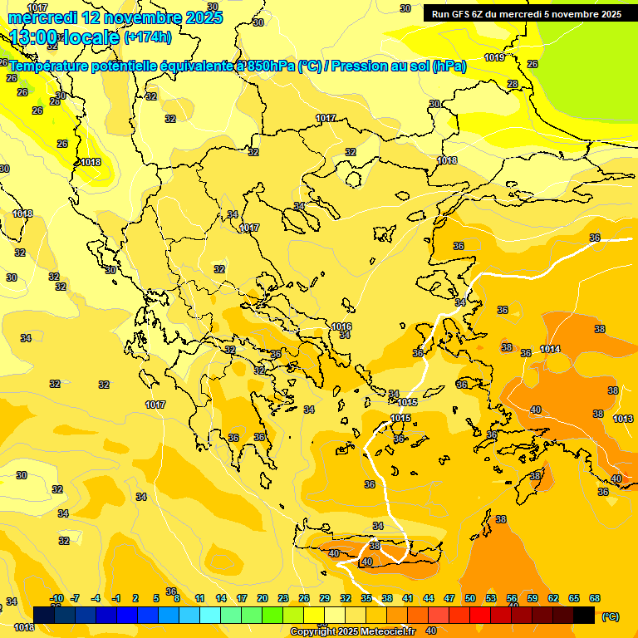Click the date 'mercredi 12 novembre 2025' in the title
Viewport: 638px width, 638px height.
click(x=115, y=17)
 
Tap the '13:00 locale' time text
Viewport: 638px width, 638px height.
click(x=64, y=37)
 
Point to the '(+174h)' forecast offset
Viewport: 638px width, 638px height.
click(x=148, y=37)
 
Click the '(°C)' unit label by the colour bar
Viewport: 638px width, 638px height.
click(x=610, y=616)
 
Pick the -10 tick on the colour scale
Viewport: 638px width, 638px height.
click(x=56, y=599)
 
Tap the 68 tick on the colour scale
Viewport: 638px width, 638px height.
click(x=595, y=599)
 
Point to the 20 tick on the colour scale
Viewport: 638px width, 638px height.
click(x=263, y=599)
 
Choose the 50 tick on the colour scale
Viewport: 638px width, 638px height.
click(x=470, y=599)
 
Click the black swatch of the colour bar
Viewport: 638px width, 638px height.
click(x=585, y=615)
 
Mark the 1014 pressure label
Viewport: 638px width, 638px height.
click(x=550, y=350)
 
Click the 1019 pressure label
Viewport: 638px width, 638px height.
click(x=494, y=58)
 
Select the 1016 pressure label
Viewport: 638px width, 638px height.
click(x=341, y=326)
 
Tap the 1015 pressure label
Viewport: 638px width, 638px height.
click(x=400, y=418)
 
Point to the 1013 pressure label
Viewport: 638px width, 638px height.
click(x=624, y=420)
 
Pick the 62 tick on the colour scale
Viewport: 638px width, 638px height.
click(x=553, y=599)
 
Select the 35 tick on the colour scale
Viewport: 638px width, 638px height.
click(x=366, y=599)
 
